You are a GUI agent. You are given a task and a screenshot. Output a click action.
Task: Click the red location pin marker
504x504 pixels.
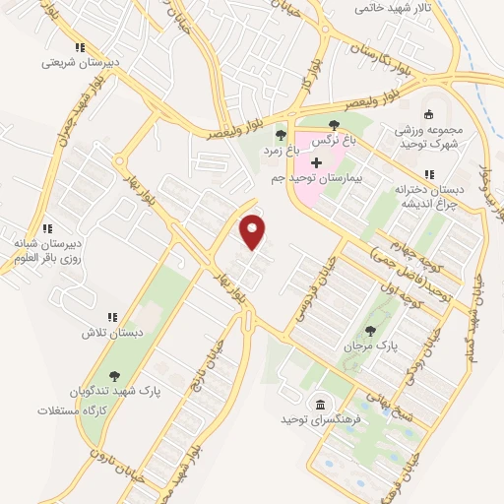(254, 232)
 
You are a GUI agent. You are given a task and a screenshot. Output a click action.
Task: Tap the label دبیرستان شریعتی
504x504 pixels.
(80, 61)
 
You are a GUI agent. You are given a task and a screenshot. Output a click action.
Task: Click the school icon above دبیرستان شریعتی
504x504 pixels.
(80, 46)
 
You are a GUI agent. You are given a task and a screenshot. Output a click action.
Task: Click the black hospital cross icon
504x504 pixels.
(315, 160)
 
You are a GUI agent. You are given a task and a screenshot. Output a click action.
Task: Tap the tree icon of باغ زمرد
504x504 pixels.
(281, 135)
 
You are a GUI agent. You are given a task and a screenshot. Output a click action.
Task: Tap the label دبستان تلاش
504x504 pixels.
(112, 333)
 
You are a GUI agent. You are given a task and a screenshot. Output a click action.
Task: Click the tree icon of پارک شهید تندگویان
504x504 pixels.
(115, 375)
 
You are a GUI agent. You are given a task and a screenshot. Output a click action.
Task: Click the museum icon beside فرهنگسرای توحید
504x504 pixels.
(321, 405)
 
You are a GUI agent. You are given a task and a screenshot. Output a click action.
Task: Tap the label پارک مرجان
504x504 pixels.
(369, 347)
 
